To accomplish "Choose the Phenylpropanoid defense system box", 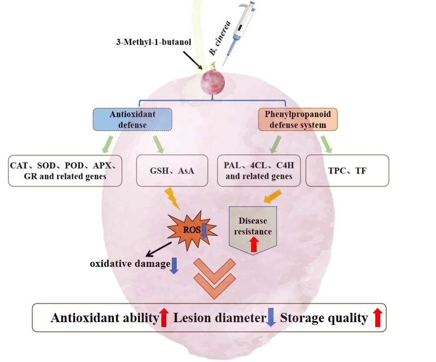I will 297,119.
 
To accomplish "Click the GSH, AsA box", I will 171,171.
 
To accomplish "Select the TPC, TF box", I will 347,171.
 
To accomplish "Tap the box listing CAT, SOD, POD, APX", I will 65,171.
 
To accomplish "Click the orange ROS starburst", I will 187,231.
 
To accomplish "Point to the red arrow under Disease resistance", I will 253,244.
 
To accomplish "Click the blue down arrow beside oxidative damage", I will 174,265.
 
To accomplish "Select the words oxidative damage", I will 129,264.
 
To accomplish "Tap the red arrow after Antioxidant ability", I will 164,317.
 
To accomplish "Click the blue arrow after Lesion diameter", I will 270,317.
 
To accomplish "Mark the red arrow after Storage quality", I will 376,317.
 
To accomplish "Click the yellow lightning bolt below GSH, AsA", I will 172,197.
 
